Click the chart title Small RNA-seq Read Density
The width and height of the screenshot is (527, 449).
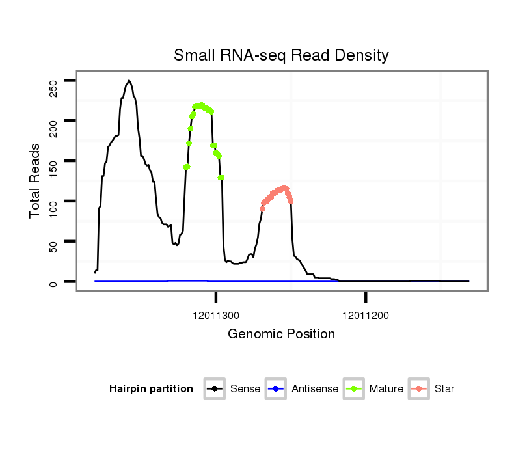[281, 55]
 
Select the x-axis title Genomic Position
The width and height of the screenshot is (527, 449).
[281, 334]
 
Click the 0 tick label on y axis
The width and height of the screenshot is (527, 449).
[53, 282]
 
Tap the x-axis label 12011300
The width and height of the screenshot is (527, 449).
[216, 315]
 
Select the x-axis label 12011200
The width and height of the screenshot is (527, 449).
[366, 315]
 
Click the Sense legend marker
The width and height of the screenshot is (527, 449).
[215, 389]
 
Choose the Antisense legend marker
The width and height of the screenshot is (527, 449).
[276, 389]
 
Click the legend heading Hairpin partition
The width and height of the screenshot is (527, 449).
[151, 389]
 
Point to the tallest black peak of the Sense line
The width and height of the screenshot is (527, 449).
[129, 81]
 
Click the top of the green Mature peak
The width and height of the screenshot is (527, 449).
[201, 105]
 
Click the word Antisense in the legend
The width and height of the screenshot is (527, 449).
[315, 389]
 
